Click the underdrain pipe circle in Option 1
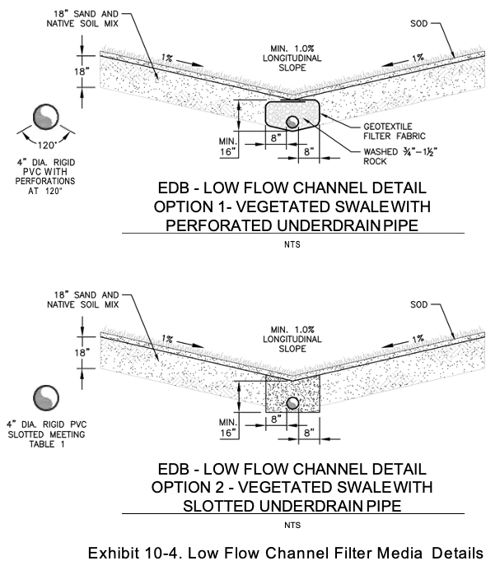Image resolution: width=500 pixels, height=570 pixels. pos(292,123)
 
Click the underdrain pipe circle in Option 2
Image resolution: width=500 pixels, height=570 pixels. pos(292,404)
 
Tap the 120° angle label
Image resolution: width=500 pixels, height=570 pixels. pos(47,144)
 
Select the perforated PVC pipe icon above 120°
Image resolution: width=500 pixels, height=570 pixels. pos(46,116)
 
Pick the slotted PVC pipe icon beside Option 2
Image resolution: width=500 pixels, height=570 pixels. pos(46,399)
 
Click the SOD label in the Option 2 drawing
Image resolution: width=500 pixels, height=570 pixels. pos(422,306)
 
